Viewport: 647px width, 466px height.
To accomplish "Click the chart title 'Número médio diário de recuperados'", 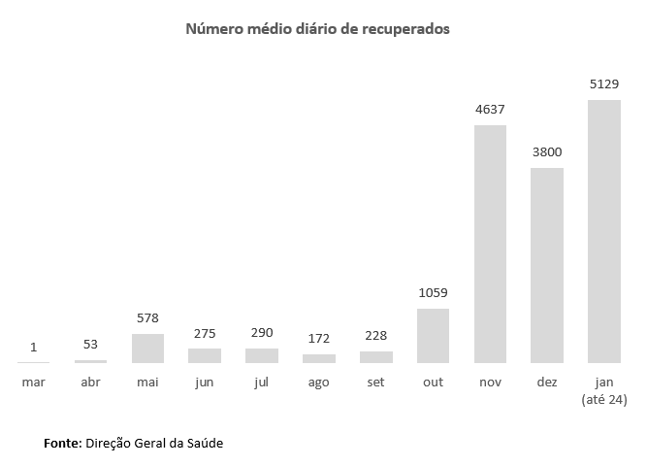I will coord(317,29).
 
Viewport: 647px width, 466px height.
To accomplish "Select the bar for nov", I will coord(490,243).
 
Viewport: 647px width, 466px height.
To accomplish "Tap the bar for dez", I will coord(547,264).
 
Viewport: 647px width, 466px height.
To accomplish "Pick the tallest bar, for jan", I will coord(604,231).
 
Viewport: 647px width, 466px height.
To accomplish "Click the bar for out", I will coord(433,336).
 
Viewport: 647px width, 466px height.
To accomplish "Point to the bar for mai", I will coord(147,348).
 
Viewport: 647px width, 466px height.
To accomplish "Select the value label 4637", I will coord(490,110).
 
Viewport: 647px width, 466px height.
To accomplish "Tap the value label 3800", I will coord(547,152).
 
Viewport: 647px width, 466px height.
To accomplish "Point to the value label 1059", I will coord(433,293).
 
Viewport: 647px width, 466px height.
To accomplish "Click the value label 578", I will coord(147,318).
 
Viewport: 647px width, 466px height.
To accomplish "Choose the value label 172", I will coord(318,338).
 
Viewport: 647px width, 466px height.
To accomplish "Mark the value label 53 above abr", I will coord(90,345).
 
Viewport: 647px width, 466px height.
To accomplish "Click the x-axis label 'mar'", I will coord(33,383).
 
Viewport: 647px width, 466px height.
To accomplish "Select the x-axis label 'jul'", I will coord(261,383).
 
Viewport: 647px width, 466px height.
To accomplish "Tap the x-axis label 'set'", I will coord(375,383).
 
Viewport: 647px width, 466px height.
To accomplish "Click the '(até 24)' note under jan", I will coord(603,399).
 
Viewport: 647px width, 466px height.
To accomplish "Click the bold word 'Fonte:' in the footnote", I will coord(62,443).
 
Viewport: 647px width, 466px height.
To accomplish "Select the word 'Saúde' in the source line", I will coord(203,443).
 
